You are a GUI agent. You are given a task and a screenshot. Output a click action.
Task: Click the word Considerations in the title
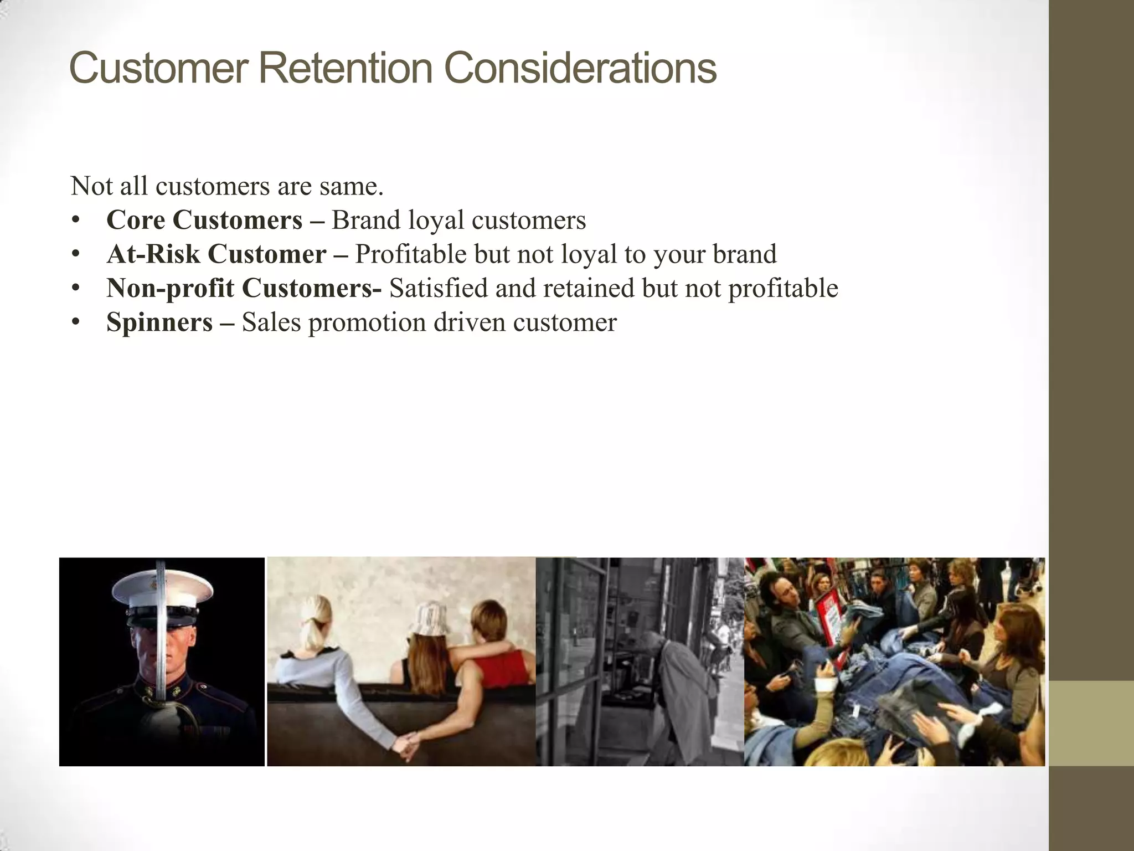580,68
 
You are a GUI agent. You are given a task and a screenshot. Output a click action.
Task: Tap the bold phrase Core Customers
204,220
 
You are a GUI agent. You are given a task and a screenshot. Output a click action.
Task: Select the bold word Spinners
159,322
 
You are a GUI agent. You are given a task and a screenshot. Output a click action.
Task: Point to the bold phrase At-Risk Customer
217,254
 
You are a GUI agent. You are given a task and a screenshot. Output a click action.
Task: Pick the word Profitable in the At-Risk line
411,254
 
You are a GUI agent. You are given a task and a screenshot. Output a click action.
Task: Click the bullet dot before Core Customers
76,221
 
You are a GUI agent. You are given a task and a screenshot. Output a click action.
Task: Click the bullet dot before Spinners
76,323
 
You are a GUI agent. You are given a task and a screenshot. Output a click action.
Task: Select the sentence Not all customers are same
227,186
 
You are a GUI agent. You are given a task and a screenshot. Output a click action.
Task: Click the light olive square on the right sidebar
1091,723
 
